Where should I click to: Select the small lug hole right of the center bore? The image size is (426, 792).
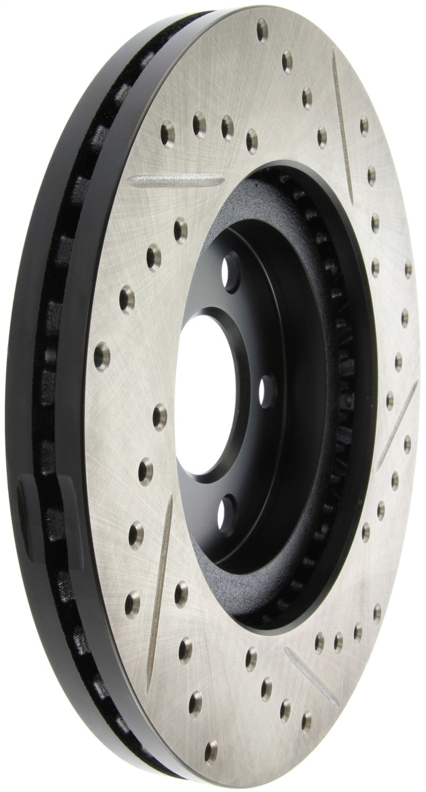(x=266, y=392)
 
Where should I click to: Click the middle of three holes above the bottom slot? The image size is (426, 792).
(x=338, y=637)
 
